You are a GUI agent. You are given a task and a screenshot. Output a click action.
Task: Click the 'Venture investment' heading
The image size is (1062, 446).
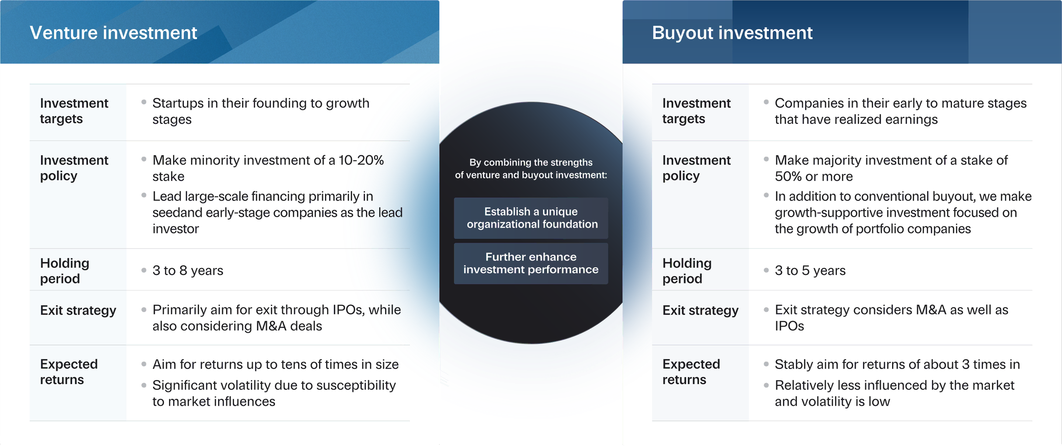point(113,33)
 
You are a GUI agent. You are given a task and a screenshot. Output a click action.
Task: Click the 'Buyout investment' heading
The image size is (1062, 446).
point(732,33)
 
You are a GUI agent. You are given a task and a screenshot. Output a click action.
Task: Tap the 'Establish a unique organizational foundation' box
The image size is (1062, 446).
point(531,218)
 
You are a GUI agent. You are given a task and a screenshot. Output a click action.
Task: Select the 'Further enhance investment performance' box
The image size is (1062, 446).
point(531,264)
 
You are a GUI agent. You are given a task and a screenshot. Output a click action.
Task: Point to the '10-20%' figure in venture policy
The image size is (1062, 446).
point(361,160)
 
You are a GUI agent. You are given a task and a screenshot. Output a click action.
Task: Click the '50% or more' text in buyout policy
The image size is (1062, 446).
point(814,177)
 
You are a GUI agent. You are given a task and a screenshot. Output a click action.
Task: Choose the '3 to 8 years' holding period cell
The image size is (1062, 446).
point(188,271)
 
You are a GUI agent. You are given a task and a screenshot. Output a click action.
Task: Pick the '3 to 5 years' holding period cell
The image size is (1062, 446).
point(810,271)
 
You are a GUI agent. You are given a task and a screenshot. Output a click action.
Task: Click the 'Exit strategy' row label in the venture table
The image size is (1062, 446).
point(78,310)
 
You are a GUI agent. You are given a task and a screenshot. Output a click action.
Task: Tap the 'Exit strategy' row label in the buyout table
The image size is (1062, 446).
point(701,310)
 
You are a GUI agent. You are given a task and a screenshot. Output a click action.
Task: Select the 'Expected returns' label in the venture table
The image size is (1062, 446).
point(69,372)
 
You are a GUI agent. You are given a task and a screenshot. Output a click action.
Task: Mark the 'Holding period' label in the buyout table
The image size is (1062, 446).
point(687,271)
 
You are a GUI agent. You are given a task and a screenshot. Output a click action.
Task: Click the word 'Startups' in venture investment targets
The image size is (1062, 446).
point(178,104)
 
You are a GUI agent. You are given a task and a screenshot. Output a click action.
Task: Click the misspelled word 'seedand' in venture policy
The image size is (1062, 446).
point(177,213)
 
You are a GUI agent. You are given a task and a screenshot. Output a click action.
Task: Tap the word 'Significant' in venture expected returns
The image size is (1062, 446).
point(185,386)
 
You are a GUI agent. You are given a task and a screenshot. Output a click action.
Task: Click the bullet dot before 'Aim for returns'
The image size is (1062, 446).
point(144,364)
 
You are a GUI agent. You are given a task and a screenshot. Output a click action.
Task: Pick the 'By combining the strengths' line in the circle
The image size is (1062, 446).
point(531,163)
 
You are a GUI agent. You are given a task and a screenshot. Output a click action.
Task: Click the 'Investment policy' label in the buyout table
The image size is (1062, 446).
point(696,168)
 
